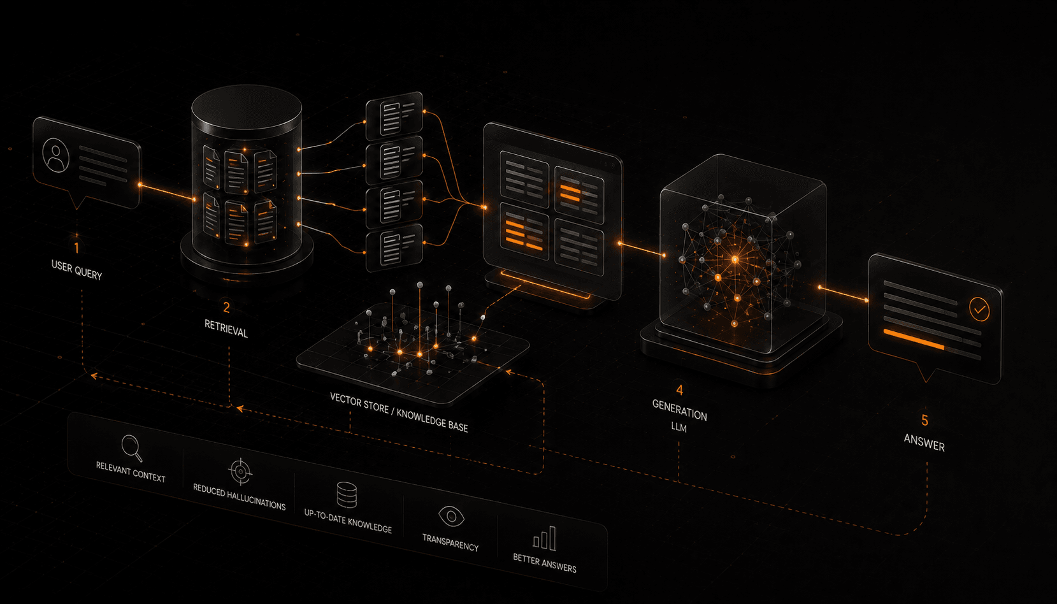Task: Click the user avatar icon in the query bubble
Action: (55, 155)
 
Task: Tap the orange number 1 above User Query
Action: (76, 248)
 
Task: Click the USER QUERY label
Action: (76, 270)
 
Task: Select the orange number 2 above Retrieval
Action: (227, 308)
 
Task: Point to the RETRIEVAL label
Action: (226, 328)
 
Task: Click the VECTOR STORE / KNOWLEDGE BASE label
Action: (399, 412)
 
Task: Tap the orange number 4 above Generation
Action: (679, 390)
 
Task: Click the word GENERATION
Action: (679, 410)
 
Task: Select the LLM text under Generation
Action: (679, 427)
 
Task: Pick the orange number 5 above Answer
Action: (925, 420)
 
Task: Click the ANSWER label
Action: (924, 443)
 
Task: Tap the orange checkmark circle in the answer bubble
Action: (980, 310)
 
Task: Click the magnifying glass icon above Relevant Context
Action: (132, 448)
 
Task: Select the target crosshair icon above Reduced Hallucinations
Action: (241, 471)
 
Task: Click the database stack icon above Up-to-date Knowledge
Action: (347, 494)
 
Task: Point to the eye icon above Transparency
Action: (451, 516)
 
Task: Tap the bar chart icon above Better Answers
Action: (545, 539)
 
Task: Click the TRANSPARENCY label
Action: (450, 543)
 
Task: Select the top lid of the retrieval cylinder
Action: (247, 108)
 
